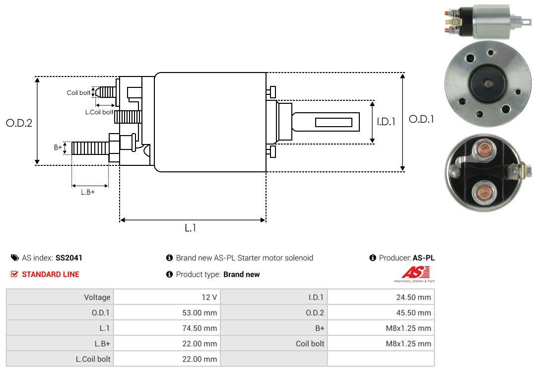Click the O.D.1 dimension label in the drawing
tap(421, 119)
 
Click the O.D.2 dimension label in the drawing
tap(19, 123)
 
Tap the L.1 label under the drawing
tap(191, 228)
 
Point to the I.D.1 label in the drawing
tap(386, 121)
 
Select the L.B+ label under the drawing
tap(88, 192)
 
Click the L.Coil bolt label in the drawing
tap(99, 112)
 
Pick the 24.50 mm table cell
tap(413, 298)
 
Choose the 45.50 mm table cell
tap(413, 313)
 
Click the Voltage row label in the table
tap(97, 298)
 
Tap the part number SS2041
tap(69, 258)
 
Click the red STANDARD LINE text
tap(50, 274)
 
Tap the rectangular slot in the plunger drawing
tap(334, 123)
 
